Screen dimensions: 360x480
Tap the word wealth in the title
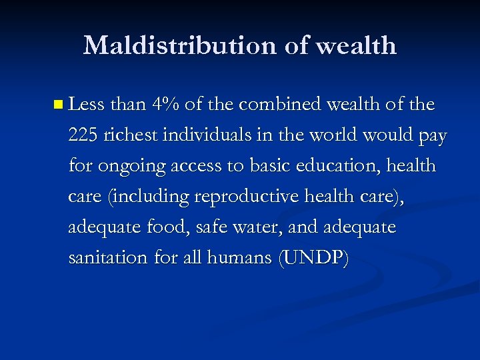pos(355,45)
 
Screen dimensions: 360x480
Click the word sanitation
pos(108,258)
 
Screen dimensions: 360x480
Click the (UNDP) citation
pos(313,259)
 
